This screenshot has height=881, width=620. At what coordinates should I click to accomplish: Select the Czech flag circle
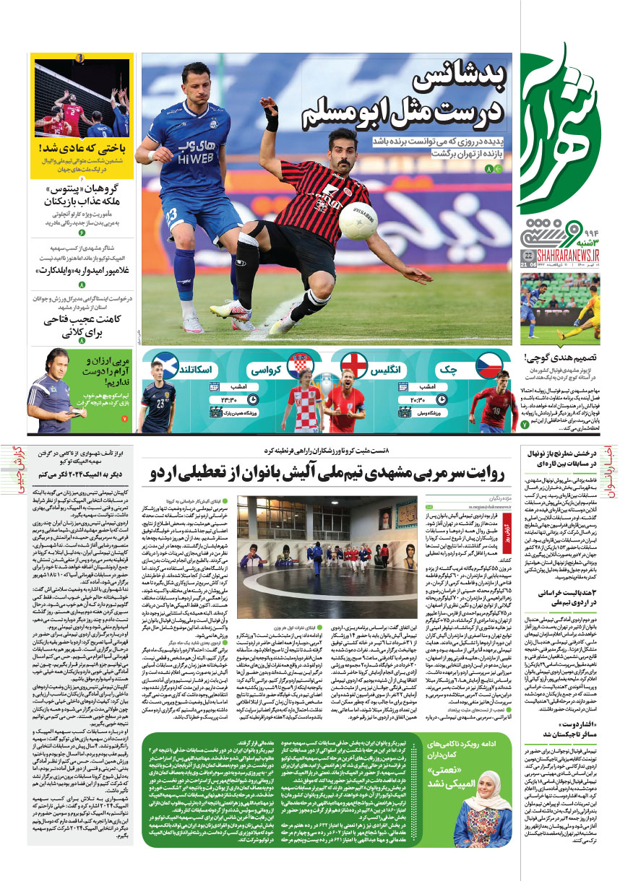pos(488,364)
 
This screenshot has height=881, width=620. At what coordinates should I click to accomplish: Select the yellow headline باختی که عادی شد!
pos(84,149)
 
